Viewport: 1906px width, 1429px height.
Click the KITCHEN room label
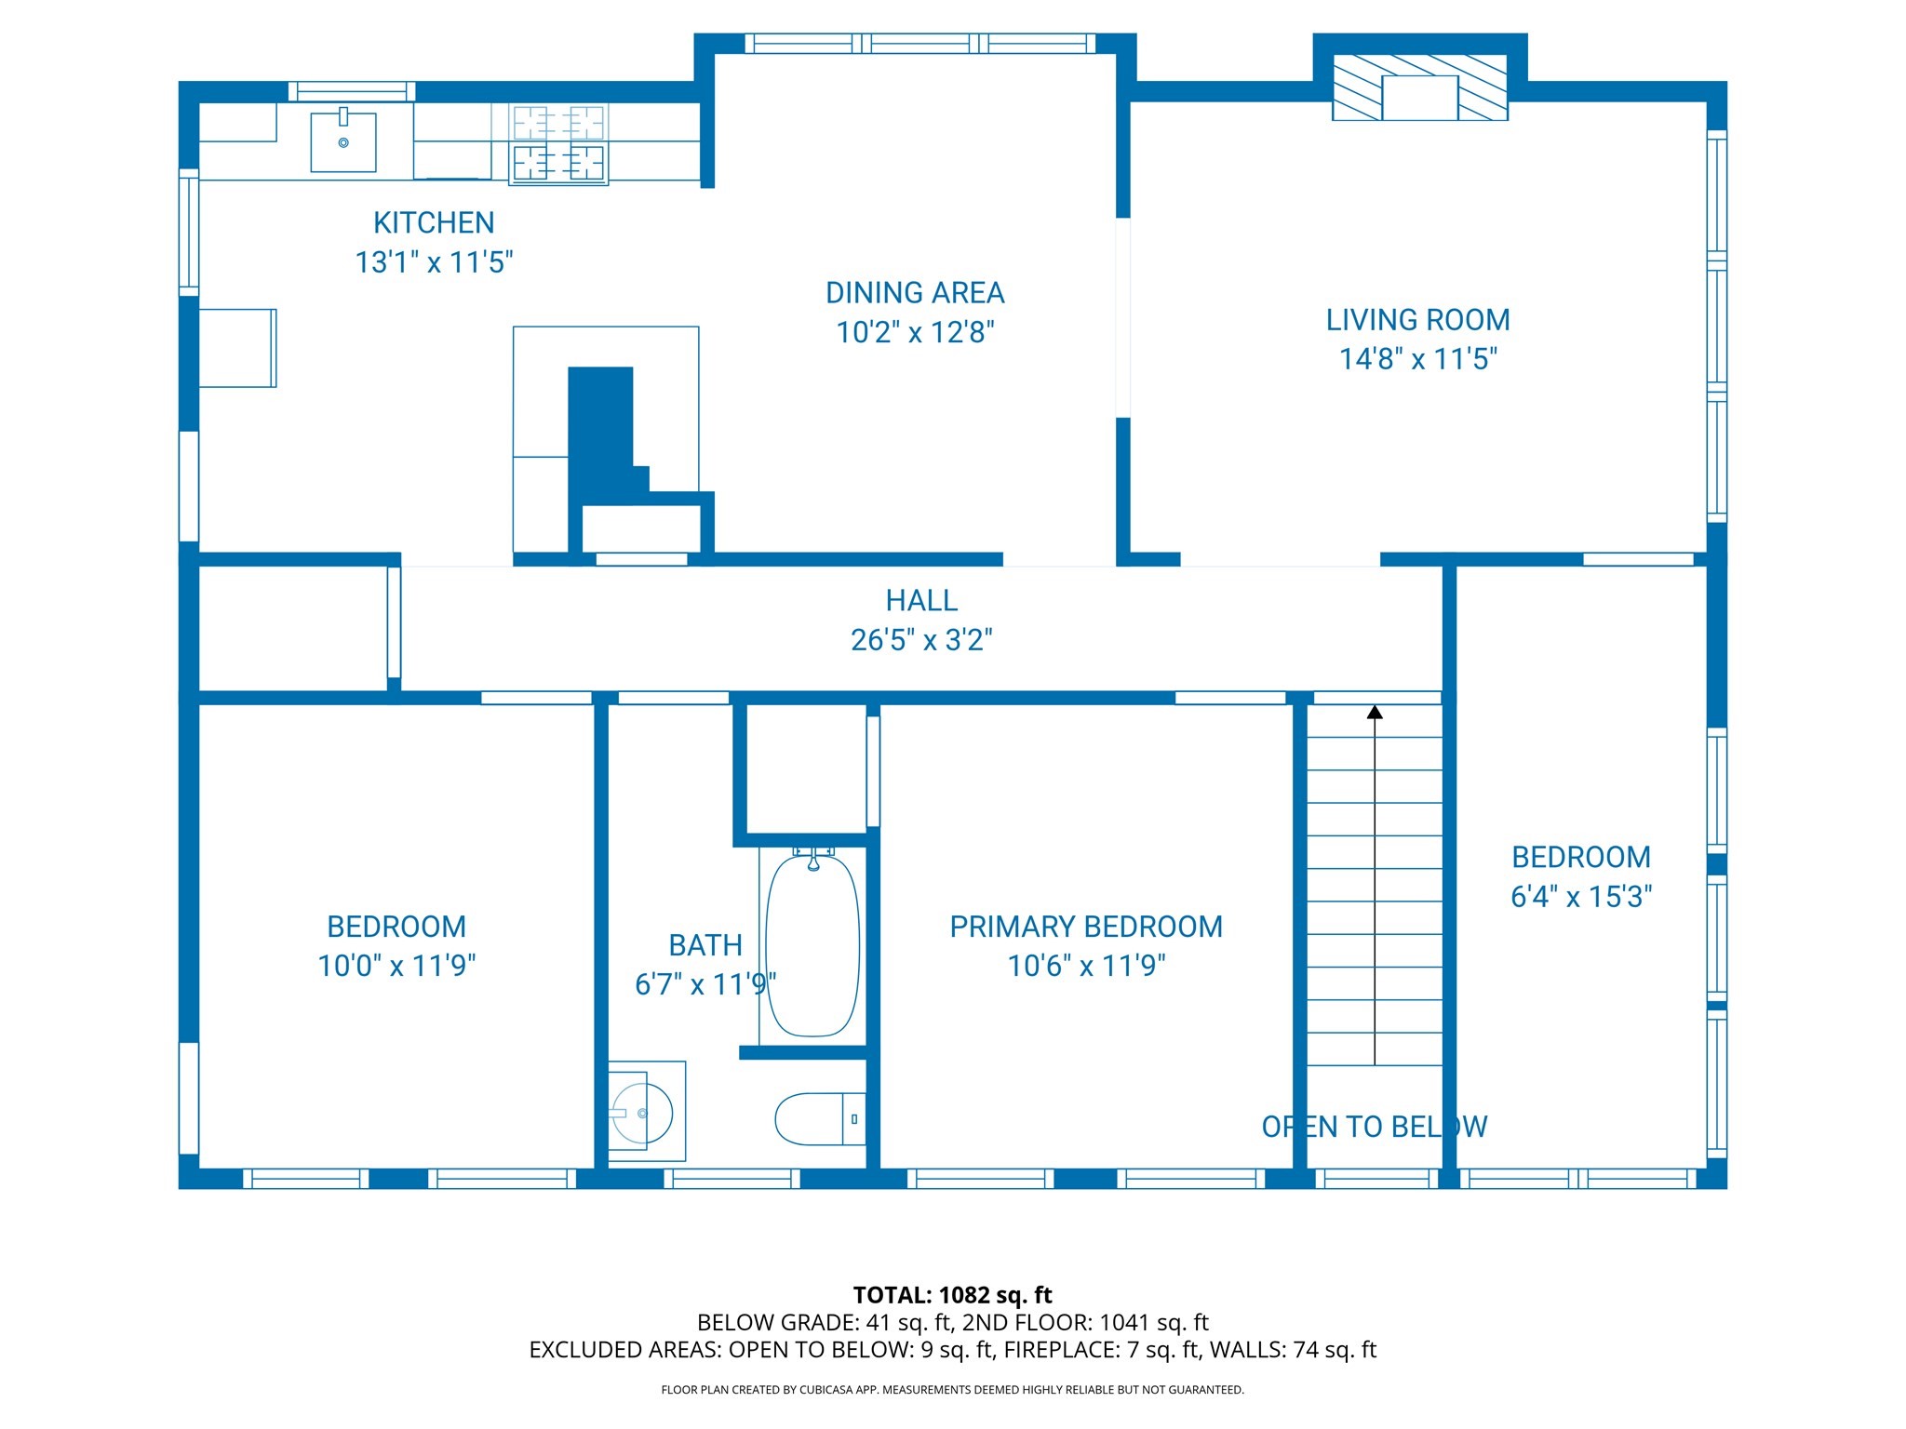(434, 223)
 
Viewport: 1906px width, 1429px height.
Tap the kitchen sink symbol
(343, 141)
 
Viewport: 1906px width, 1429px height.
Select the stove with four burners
(558, 144)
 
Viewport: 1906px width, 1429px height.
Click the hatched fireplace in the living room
(1419, 87)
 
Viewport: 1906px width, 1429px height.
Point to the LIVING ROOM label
(1417, 320)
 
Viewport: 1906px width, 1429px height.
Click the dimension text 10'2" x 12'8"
(915, 332)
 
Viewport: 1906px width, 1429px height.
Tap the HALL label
(921, 601)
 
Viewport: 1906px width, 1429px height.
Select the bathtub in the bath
(812, 944)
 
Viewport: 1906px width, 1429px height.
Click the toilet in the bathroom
(819, 1119)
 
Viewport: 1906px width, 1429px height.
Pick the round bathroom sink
(642, 1113)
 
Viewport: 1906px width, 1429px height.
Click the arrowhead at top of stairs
(1375, 713)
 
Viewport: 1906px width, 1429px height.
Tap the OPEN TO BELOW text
(1374, 1128)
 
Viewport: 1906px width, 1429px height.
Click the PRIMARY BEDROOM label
(1086, 927)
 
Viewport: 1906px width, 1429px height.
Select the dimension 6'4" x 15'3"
(1581, 897)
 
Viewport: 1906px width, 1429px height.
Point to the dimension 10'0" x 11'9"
(396, 966)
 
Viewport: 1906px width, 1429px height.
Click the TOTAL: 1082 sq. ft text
(952, 1295)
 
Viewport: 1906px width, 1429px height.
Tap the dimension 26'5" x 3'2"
(921, 640)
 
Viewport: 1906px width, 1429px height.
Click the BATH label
(705, 945)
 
